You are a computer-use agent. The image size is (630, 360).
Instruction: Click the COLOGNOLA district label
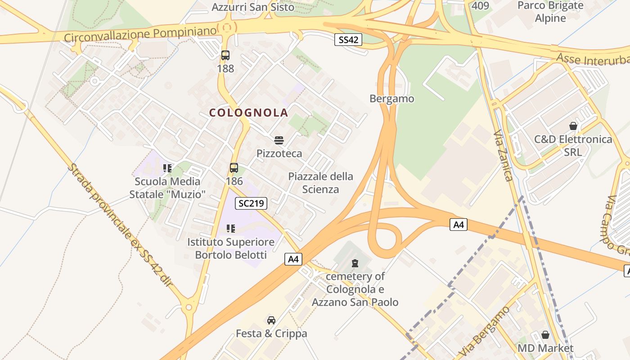(248, 112)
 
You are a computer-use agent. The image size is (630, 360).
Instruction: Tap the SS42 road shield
(348, 40)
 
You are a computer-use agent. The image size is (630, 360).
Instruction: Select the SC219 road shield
(251, 203)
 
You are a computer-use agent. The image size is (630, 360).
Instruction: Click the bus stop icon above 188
(225, 55)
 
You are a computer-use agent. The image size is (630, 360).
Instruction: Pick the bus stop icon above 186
(234, 168)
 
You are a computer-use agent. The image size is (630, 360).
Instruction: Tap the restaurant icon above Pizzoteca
(279, 140)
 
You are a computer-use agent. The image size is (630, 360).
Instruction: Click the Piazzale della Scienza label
(320, 183)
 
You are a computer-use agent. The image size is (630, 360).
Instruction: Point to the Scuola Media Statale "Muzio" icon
(167, 168)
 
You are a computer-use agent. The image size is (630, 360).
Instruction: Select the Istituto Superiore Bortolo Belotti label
(231, 248)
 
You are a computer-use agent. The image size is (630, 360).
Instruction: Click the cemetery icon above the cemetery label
(355, 263)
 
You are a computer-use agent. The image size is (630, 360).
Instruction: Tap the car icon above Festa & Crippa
(271, 320)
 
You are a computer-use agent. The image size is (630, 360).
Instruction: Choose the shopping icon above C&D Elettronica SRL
(573, 126)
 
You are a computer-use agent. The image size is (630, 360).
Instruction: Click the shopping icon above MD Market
(545, 335)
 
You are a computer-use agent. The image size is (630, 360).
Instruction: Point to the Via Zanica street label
(503, 156)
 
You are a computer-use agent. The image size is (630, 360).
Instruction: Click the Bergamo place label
(391, 99)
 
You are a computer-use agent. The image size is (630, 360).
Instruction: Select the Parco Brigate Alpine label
(550, 12)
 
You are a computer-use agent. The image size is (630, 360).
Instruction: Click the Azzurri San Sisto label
(253, 7)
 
